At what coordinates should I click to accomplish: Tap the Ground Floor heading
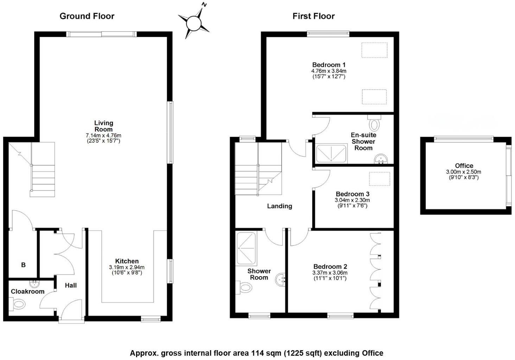[x=87, y=16]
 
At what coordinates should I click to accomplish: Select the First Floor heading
[x=313, y=16]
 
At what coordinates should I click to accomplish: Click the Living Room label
[x=103, y=126]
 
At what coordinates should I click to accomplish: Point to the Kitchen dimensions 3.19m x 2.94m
[x=127, y=267]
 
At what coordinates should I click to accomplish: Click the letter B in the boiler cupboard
[x=23, y=265]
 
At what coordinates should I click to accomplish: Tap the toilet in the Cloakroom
[x=18, y=304]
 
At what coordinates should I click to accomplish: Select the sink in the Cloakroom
[x=34, y=283]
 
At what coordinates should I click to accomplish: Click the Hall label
[x=71, y=285]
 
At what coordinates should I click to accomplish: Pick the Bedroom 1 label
[x=329, y=65]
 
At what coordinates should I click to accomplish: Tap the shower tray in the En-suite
[x=331, y=154]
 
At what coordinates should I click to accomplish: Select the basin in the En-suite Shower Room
[x=380, y=160]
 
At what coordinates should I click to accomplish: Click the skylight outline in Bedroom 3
[x=379, y=179]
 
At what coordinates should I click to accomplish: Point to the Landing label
[x=279, y=206]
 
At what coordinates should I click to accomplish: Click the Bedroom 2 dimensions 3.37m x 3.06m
[x=330, y=273]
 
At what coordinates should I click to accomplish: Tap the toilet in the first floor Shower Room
[x=245, y=288]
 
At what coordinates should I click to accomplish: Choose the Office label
[x=464, y=166]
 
